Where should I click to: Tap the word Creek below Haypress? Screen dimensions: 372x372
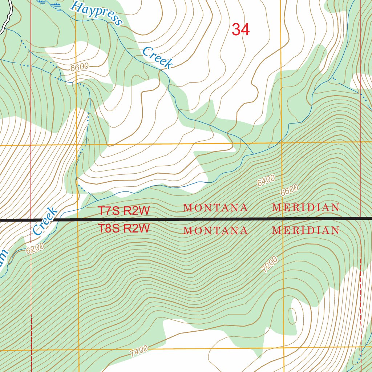point(157,58)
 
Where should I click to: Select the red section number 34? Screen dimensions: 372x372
point(240,30)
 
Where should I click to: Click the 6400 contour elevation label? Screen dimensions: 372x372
point(266,181)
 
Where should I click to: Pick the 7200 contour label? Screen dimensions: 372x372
point(270,265)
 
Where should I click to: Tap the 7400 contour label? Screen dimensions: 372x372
point(139,351)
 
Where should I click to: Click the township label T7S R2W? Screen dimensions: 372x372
point(124,211)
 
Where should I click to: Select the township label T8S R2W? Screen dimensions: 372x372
point(124,229)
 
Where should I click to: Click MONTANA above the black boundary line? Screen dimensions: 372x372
point(215,208)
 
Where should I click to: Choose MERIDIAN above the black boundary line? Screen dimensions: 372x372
point(306,208)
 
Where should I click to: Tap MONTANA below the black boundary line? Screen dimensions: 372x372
point(215,230)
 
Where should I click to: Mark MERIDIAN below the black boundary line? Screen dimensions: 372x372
point(306,230)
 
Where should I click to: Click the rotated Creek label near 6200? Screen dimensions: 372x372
point(45,221)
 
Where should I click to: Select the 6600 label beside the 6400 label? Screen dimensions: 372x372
point(289,190)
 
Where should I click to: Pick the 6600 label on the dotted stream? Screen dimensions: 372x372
point(80,67)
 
